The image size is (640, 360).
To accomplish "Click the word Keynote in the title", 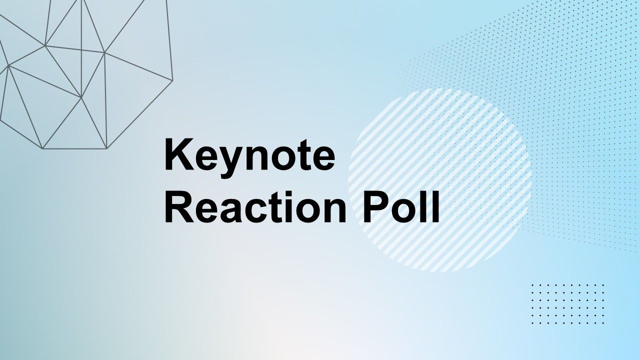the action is [249, 157].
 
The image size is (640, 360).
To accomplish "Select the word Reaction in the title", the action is [255, 207].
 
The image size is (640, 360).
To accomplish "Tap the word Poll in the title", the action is [401, 207].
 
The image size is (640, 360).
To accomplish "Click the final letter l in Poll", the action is [435, 206].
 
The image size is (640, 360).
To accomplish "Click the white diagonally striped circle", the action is [440, 180].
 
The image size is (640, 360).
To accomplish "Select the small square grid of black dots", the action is [567, 304].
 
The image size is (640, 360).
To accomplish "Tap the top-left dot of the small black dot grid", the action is [532, 285].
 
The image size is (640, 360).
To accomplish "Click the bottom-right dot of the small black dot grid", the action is [603, 323].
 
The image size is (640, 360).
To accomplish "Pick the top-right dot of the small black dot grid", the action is [603, 285].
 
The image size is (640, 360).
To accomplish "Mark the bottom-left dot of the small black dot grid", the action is [532, 323].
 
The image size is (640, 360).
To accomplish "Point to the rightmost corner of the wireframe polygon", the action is [173, 80].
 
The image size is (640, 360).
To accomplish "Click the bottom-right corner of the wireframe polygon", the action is [107, 148].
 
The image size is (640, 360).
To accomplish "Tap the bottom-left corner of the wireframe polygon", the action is [42, 148].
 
